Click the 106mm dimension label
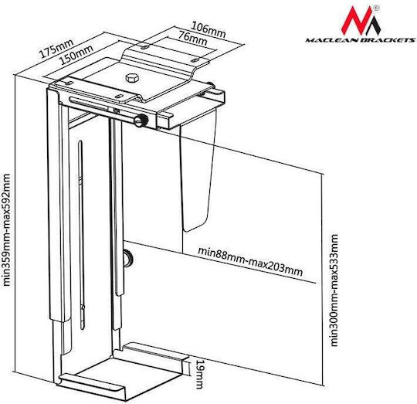(x=208, y=29)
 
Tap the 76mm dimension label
(x=192, y=38)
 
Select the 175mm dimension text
(x=56, y=49)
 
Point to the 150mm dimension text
(x=76, y=55)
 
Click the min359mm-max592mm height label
(x=6, y=229)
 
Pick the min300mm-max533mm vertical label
(x=334, y=290)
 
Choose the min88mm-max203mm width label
(x=250, y=262)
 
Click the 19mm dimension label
(x=199, y=374)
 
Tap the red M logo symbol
(x=361, y=21)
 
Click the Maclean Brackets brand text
(x=360, y=40)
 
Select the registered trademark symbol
(x=377, y=8)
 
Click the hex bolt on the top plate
(x=132, y=78)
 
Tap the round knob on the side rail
(x=128, y=258)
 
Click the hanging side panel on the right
(x=198, y=170)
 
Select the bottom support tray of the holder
(x=122, y=375)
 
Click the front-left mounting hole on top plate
(x=119, y=96)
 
